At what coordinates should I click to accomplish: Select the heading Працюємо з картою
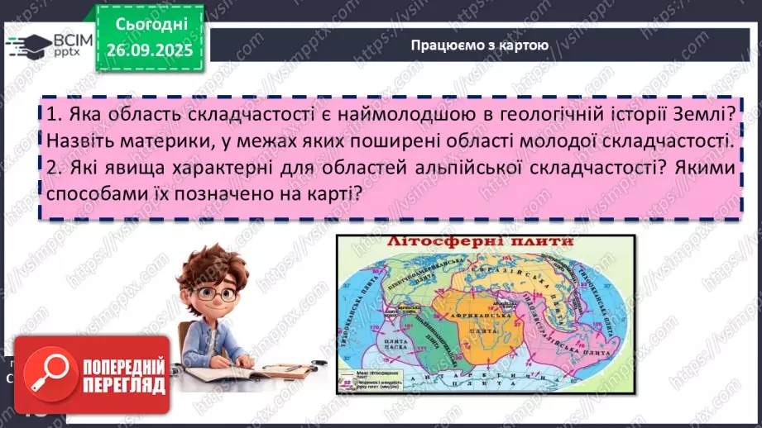pos(479,45)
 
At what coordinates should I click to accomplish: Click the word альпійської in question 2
pos(468,168)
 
